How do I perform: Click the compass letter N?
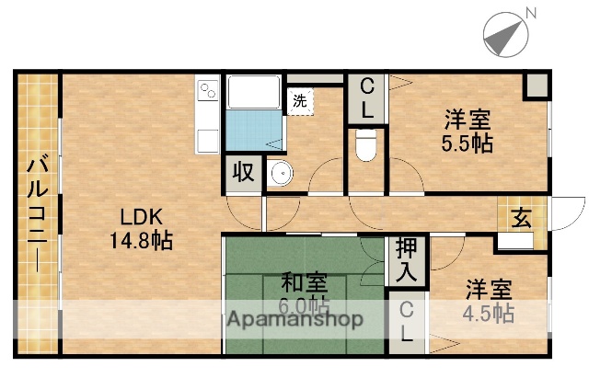[531, 12]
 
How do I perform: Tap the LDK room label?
[142, 218]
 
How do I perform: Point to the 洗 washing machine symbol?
[301, 101]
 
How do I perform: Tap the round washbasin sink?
[280, 172]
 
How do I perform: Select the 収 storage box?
[243, 172]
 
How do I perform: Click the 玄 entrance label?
[522, 218]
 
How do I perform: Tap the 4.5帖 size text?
[489, 313]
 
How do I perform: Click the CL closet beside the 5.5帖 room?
[366, 98]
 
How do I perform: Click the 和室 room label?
[300, 282]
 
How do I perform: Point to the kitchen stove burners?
[207, 93]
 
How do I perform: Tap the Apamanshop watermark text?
[294, 320]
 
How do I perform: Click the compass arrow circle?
[504, 34]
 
